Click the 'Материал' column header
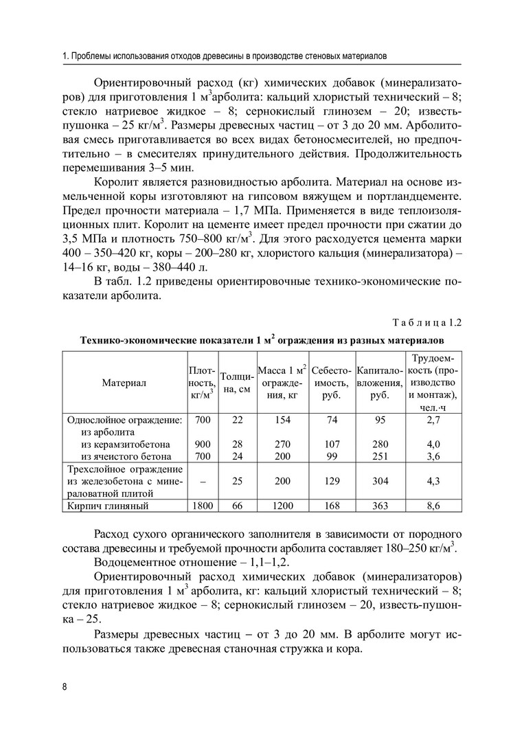(124, 381)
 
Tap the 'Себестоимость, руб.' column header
(332, 382)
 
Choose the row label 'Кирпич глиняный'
(108, 506)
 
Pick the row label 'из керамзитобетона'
(125, 444)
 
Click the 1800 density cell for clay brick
(202, 506)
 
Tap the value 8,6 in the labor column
(433, 506)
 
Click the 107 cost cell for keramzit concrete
(332, 444)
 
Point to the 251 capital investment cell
(379, 456)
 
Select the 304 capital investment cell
(379, 482)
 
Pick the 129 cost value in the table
(332, 482)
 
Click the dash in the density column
(202, 482)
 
